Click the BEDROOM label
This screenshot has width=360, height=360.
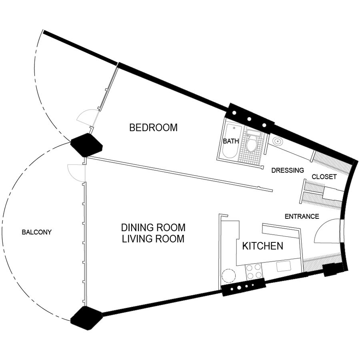pos(153,128)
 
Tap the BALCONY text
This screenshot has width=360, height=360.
pos(37,232)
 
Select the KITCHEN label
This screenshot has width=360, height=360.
pos(263,246)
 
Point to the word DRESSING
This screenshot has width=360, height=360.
pos(288,170)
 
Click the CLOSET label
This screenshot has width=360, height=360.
pos(324,177)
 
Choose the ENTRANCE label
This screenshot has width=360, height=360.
pos(302,216)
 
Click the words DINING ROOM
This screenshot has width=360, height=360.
pos(153,228)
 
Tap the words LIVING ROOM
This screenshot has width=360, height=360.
pos(153,239)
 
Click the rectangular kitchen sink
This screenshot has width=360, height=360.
pos(284,266)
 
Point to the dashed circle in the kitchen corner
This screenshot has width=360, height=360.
pos(229,276)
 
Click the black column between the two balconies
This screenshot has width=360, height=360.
pos(86,145)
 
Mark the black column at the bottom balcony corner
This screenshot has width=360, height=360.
pos(86,318)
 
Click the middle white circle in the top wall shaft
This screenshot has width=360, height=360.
pos(249,119)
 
